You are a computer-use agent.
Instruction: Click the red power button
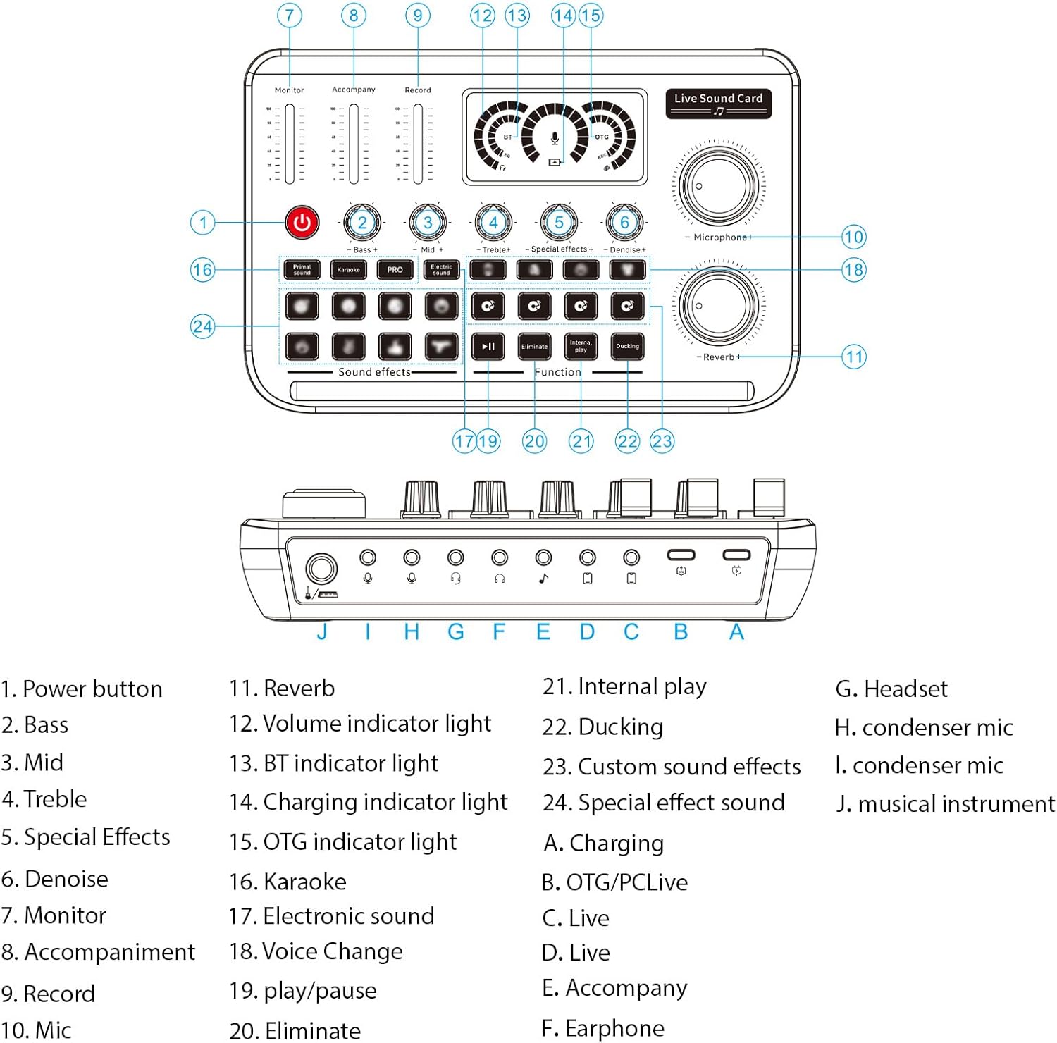click(302, 223)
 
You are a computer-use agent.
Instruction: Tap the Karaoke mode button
click(348, 270)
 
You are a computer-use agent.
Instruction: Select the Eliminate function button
click(534, 346)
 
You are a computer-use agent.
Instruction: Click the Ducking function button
click(627, 346)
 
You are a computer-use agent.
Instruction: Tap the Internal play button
click(581, 346)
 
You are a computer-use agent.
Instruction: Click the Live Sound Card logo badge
click(718, 103)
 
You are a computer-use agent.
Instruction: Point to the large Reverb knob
click(719, 307)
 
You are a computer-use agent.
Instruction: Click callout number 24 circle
click(202, 326)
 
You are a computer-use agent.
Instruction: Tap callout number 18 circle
click(853, 270)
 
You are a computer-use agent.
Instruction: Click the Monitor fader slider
click(290, 144)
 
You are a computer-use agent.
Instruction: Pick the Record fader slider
click(418, 144)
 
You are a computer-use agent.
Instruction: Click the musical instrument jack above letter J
click(321, 568)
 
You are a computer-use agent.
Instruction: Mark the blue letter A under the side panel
click(736, 631)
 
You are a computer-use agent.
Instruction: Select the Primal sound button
click(302, 270)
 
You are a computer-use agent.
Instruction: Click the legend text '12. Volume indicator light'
click(359, 724)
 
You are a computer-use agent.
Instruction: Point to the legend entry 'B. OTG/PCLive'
click(614, 882)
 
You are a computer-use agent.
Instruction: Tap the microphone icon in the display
click(555, 138)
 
